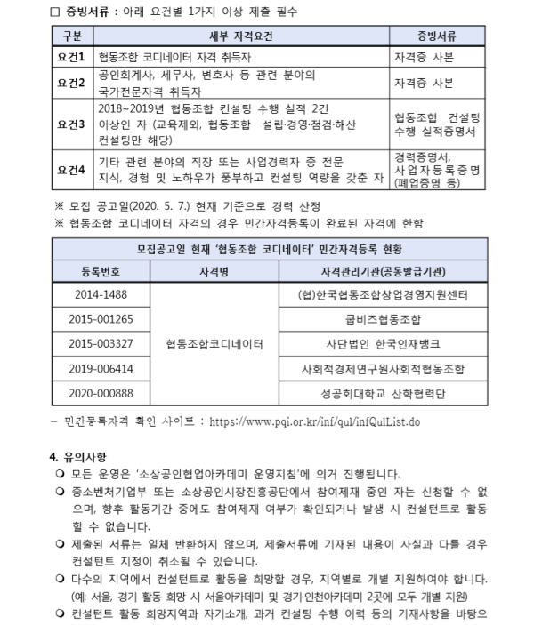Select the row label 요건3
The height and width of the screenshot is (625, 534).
click(70, 124)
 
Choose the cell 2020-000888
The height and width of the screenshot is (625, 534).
click(101, 391)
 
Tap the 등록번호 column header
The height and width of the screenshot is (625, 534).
click(101, 269)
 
